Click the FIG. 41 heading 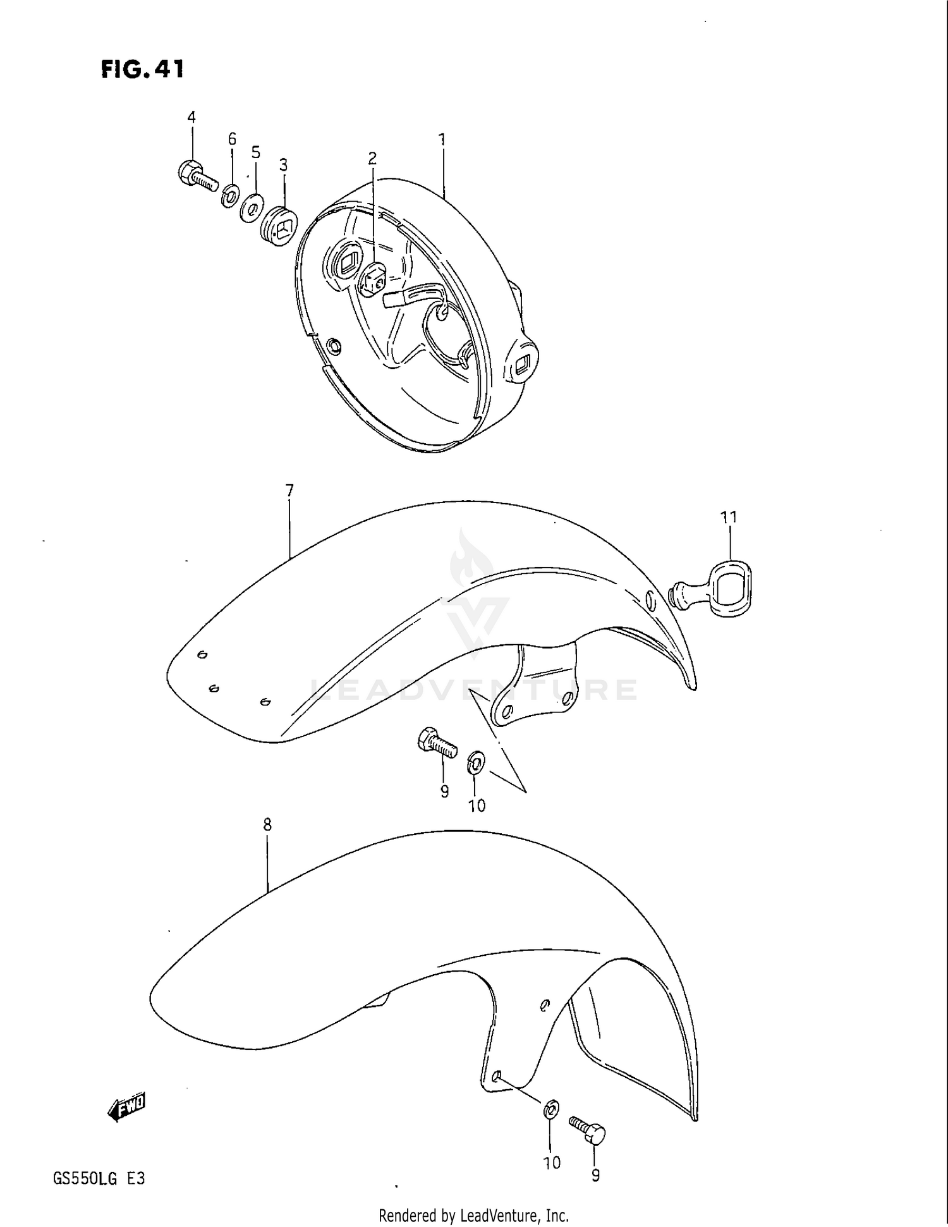(x=142, y=69)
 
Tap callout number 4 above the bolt (x=191, y=117)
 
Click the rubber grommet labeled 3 (x=279, y=224)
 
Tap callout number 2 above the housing (x=372, y=158)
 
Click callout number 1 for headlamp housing (x=442, y=139)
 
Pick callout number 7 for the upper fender (x=289, y=491)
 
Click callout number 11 (x=729, y=517)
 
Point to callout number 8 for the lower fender (x=267, y=824)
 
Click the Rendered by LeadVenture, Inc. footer (x=473, y=1215)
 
